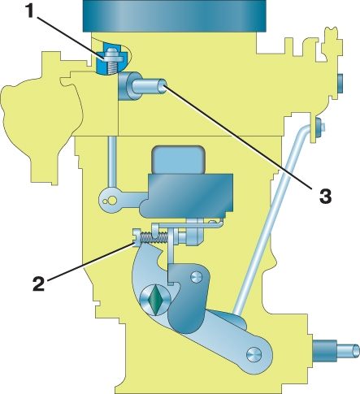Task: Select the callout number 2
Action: (x=38, y=284)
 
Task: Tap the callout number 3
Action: (x=325, y=196)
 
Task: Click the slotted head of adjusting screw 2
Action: (x=136, y=237)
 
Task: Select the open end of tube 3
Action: (x=164, y=86)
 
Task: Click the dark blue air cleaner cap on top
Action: (x=174, y=15)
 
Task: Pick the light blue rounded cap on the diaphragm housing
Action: (x=178, y=160)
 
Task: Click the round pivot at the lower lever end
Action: (x=254, y=354)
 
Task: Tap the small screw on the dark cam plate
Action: (x=196, y=277)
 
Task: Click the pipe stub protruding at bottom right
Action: (x=336, y=351)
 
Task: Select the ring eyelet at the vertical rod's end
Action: (x=110, y=201)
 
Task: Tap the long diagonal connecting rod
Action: (x=272, y=220)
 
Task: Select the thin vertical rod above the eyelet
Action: (x=112, y=162)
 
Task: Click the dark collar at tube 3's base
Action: (x=127, y=86)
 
